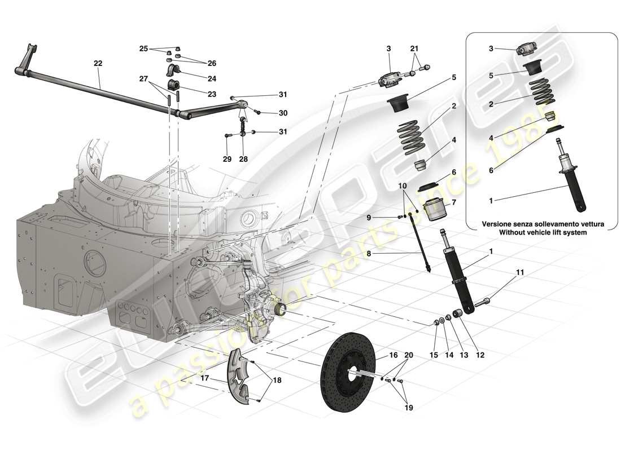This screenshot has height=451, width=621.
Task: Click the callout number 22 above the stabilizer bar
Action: click(98, 64)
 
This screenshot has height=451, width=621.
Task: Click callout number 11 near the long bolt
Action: click(519, 272)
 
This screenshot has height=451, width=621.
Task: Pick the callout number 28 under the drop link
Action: click(243, 160)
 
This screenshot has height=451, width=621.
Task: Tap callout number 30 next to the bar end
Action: click(283, 113)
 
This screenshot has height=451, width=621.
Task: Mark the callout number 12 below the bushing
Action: click(480, 355)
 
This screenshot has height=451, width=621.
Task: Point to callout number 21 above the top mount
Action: click(414, 48)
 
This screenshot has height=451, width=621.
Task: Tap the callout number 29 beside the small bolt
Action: click(227, 160)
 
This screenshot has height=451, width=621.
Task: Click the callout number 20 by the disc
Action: click(408, 355)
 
